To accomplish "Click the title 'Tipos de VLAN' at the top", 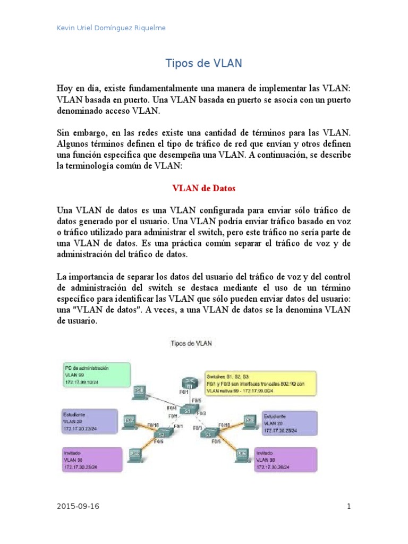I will (204, 63).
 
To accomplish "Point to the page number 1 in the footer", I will (349, 506).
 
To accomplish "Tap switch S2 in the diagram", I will (160, 435).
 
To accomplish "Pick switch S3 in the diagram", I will (208, 435).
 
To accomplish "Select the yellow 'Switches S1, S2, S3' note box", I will (261, 382).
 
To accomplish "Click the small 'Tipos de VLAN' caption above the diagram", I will (191, 344).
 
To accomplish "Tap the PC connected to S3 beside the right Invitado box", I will (242, 454).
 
